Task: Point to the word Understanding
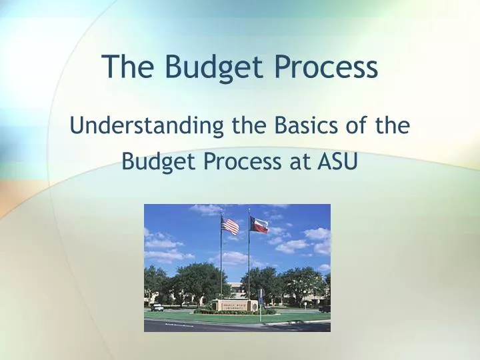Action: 146,126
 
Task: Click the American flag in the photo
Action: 230,225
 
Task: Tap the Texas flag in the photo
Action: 259,225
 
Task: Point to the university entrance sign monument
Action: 236,305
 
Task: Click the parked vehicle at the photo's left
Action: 157,307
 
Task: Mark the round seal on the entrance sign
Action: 216,305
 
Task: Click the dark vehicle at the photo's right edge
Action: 325,308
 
